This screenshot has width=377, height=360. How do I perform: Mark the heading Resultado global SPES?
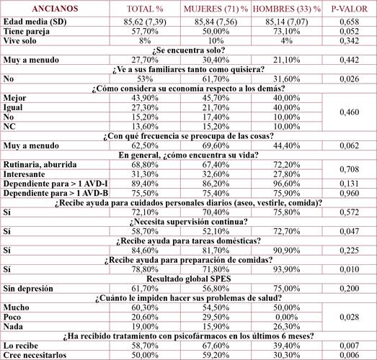click(x=189, y=278)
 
